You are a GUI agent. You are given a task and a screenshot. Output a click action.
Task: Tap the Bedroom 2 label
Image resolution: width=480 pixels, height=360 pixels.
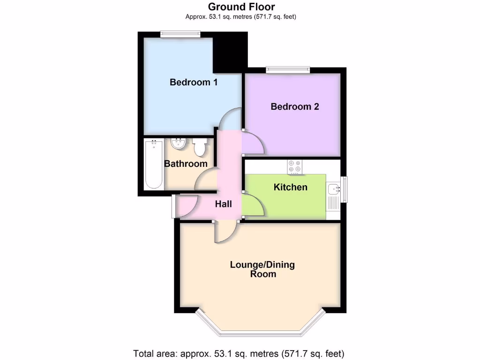[x=295, y=107]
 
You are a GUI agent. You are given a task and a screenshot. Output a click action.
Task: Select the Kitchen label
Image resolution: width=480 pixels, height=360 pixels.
[x=291, y=187]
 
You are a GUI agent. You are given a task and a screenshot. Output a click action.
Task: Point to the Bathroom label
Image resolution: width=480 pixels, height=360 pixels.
[x=186, y=164]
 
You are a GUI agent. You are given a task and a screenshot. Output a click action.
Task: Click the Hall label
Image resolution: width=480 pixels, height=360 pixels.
[x=224, y=204]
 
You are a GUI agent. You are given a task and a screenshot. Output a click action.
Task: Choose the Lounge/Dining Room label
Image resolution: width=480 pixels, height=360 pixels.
[x=262, y=270]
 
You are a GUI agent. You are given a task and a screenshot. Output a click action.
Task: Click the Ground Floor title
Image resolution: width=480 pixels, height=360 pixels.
[x=241, y=7]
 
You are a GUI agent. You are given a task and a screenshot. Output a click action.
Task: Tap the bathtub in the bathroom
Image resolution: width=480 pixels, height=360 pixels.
[x=153, y=164]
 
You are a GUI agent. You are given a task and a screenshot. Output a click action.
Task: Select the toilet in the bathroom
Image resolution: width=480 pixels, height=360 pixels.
[x=200, y=147]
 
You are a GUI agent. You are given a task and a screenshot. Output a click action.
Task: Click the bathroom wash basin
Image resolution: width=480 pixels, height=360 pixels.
[x=178, y=143]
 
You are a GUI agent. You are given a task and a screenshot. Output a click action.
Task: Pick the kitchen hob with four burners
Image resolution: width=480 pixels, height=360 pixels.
[x=295, y=166]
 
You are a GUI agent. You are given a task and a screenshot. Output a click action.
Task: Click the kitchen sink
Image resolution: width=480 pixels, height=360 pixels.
[x=334, y=189]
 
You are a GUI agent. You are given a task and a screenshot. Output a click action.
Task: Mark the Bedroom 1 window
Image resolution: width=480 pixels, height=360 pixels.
[x=180, y=33]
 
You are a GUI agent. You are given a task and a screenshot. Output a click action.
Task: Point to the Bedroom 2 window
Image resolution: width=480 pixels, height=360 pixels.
[x=288, y=70]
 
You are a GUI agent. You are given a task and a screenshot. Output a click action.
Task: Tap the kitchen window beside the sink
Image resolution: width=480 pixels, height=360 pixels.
[x=345, y=189]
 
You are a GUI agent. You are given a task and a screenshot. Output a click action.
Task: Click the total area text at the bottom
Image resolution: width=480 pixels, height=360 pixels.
[x=239, y=353]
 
